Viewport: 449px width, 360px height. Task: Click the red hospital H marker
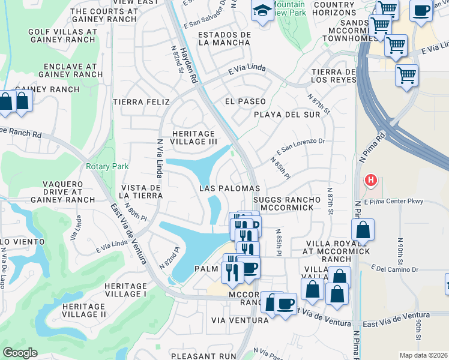point(371,179)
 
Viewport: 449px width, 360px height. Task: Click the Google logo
point(20,353)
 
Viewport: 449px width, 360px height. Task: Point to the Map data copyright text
point(424,355)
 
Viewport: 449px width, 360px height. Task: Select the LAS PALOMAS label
point(229,188)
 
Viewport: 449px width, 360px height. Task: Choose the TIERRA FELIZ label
point(146,102)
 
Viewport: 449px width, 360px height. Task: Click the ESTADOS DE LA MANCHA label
point(224,38)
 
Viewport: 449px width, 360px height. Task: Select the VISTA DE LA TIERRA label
point(141,191)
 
